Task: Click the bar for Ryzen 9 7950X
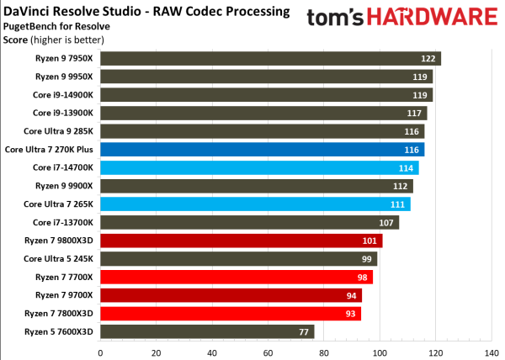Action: point(269,58)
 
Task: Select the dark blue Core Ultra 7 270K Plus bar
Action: point(262,149)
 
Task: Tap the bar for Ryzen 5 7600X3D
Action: point(207,331)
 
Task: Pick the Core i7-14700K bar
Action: point(259,167)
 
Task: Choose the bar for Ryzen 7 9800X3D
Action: point(241,241)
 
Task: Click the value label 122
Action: point(429,58)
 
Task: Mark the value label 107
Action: point(387,222)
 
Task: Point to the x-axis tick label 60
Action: point(268,352)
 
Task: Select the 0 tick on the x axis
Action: point(100,352)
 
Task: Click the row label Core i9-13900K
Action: point(63,113)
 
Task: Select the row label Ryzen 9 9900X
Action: point(64,185)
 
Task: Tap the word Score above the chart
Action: point(15,40)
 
